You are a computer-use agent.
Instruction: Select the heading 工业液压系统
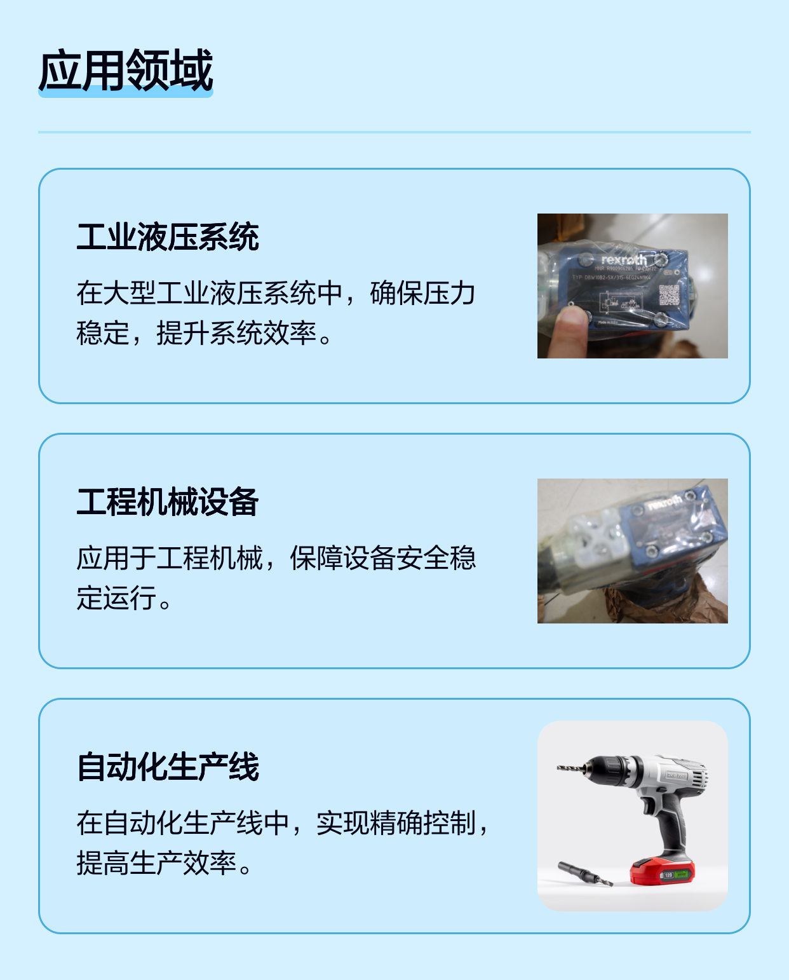[168, 237]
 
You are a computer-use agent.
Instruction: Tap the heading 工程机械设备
[168, 502]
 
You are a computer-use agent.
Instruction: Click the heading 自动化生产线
[168, 767]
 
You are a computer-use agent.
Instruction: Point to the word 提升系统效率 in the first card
[236, 333]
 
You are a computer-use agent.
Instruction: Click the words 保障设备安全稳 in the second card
[382, 558]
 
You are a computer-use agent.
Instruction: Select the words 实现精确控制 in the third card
[395, 823]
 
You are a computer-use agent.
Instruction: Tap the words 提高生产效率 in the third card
[156, 863]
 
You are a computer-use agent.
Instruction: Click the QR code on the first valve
[668, 295]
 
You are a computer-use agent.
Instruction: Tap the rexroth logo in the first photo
[624, 259]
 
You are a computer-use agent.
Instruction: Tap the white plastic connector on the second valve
[594, 534]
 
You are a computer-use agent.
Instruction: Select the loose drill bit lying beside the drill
[584, 874]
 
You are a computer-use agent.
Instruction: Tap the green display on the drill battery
[680, 875]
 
